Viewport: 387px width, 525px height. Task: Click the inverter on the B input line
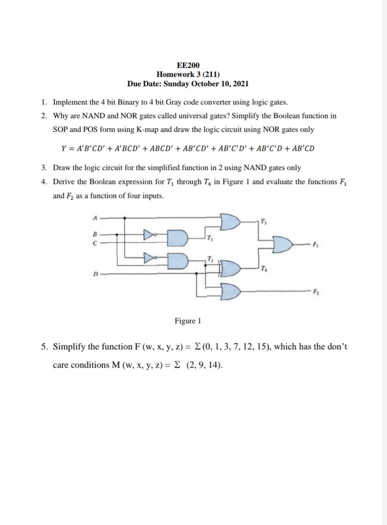pyautogui.click(x=150, y=235)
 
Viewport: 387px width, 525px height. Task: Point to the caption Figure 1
pyautogui.click(x=188, y=321)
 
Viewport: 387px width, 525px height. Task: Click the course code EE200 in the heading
pyautogui.click(x=188, y=65)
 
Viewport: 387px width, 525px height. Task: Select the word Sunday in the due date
pyautogui.click(x=177, y=83)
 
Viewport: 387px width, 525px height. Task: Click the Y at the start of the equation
pyautogui.click(x=64, y=148)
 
